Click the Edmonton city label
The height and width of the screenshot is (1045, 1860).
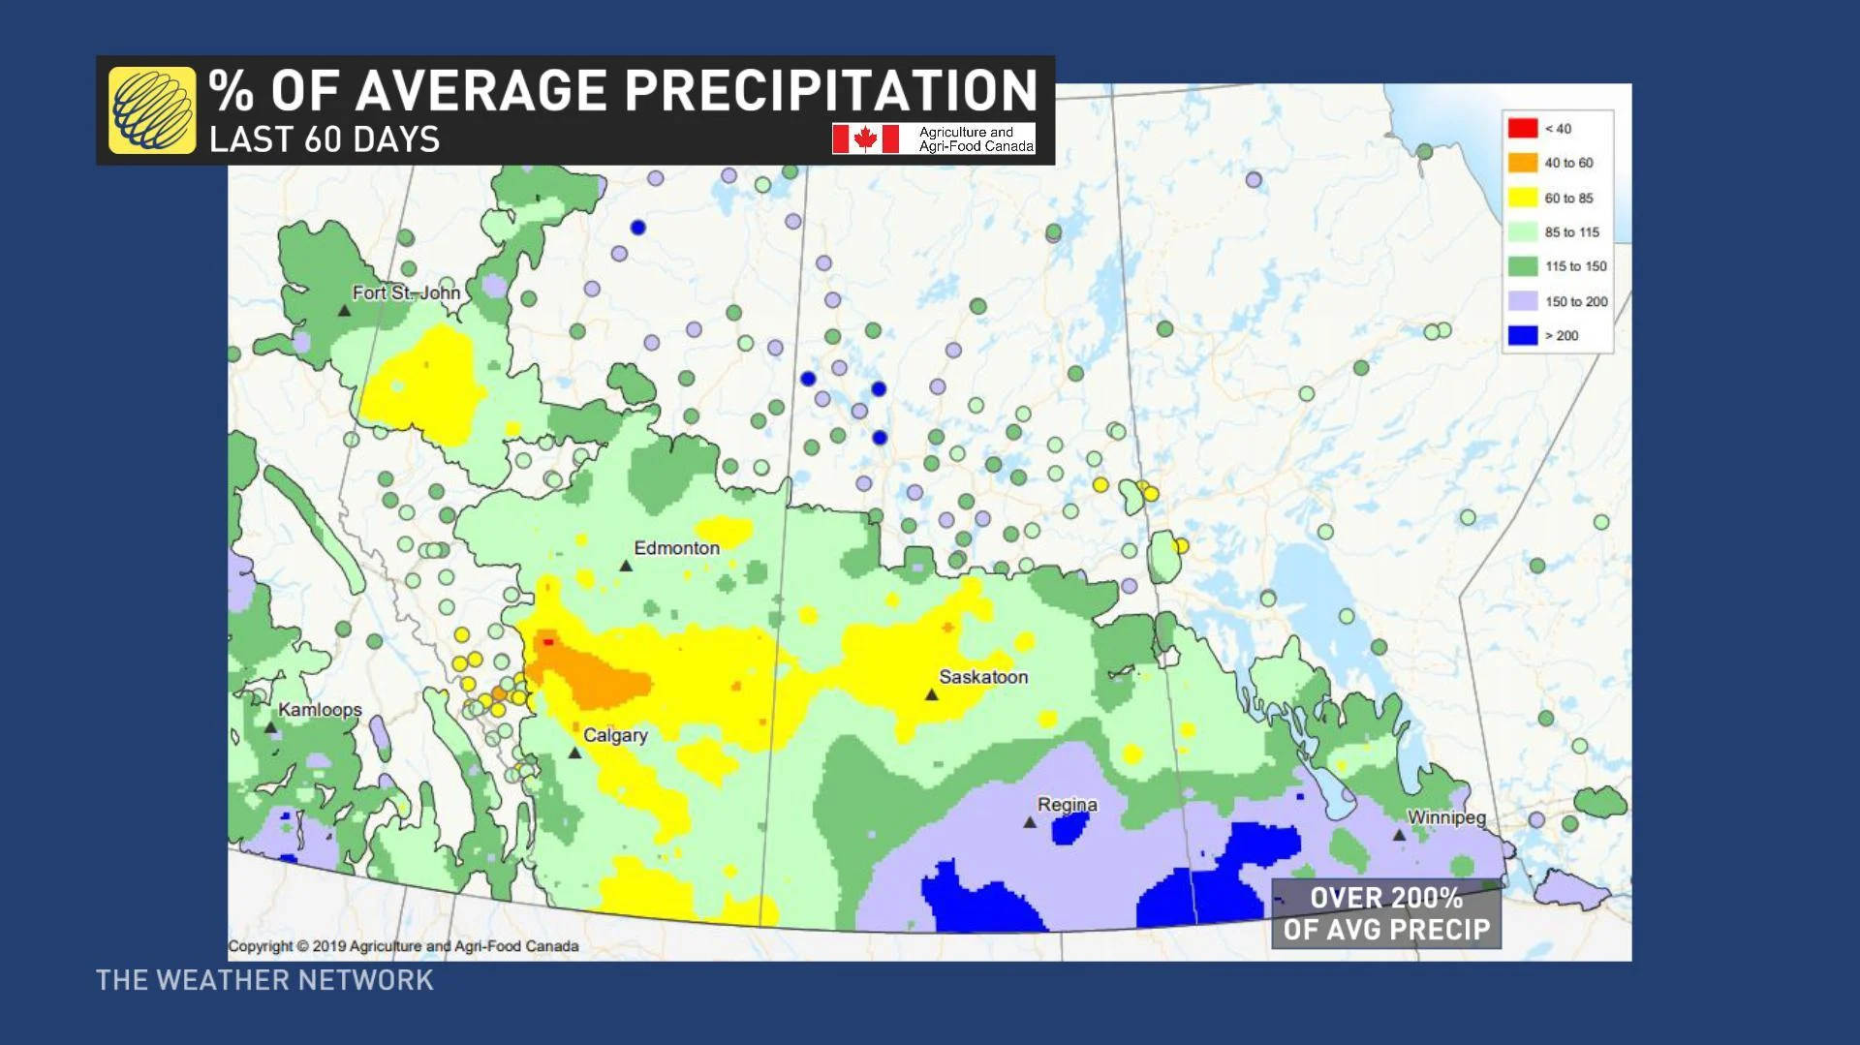pos(676,548)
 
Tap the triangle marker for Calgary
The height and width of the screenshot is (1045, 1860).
pos(574,753)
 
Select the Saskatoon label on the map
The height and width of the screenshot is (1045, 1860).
pos(982,677)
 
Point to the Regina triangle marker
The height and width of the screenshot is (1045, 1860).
pos(1030,822)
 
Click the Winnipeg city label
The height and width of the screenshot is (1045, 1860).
pos(1445,817)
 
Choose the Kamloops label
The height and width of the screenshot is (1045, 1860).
pos(320,710)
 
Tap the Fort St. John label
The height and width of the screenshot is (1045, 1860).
pos(406,292)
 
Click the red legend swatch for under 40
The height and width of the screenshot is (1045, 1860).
pos(1522,128)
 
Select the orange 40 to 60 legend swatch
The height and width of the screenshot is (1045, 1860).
pos(1522,163)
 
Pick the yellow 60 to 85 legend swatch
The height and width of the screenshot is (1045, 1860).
pos(1522,198)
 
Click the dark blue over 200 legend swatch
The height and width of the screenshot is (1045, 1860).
pos(1522,335)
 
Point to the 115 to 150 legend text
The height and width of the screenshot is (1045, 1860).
pos(1575,266)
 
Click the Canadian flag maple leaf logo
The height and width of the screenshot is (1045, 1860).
pos(865,138)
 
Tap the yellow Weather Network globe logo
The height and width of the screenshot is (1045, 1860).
pos(152,109)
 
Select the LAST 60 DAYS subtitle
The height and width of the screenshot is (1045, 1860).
pos(325,139)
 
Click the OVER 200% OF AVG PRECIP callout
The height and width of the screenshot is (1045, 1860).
pos(1385,913)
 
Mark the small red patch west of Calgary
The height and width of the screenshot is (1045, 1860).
pos(548,641)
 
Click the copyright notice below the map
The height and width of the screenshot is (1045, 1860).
pos(403,946)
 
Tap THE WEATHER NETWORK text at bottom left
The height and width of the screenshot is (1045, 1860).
pos(264,980)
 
